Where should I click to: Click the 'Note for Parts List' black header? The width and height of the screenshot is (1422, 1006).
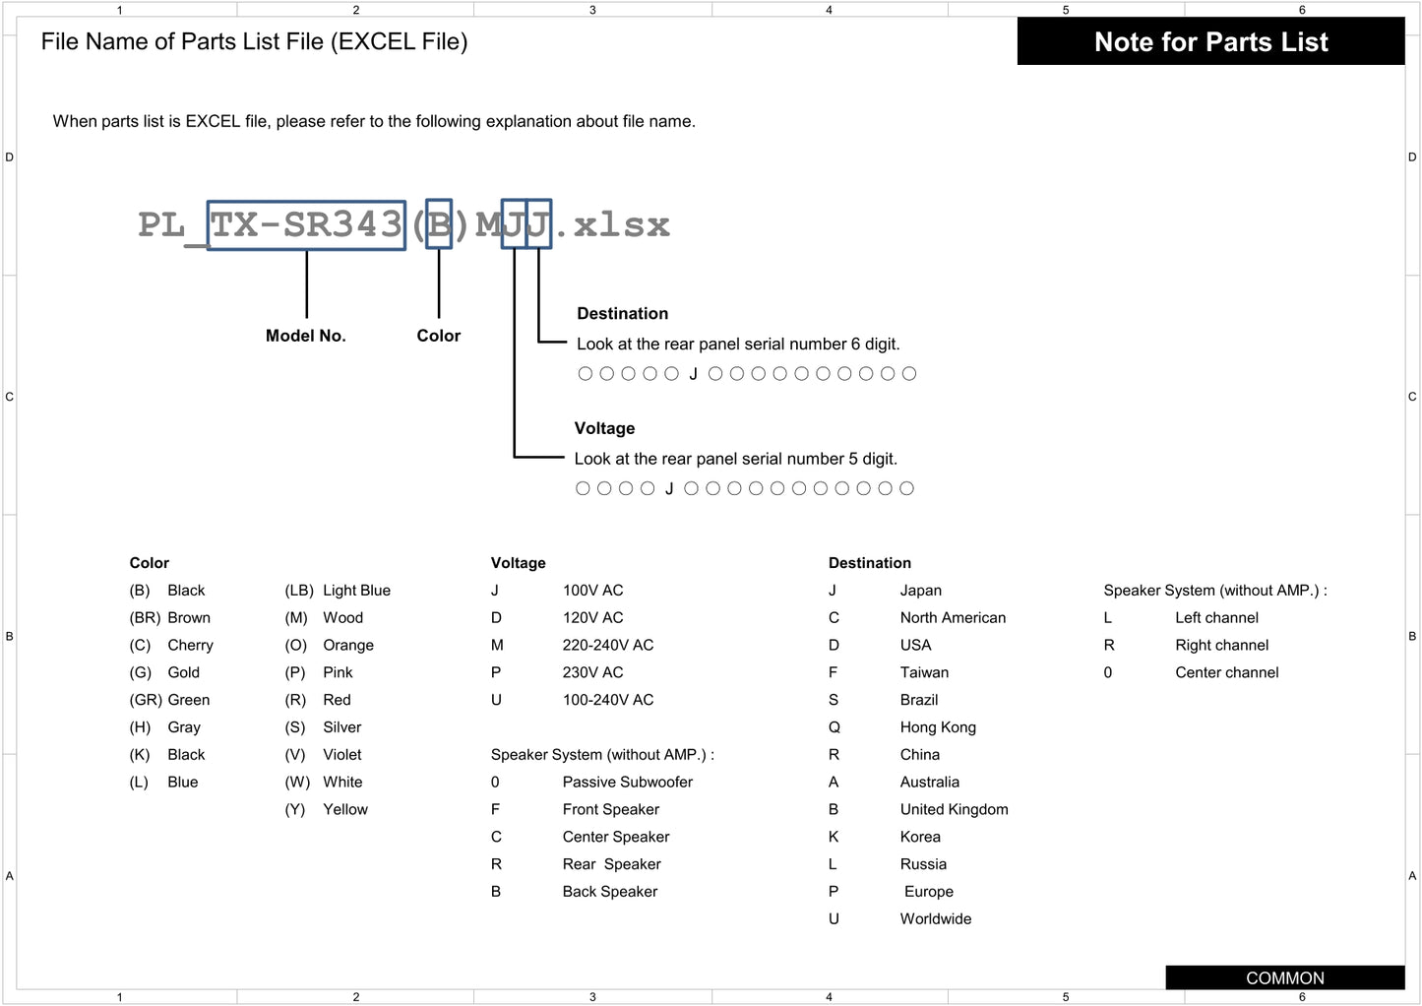[x=1210, y=42]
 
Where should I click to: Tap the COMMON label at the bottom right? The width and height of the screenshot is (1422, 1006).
[x=1284, y=977]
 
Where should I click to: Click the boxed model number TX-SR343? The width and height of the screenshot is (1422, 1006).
[x=306, y=225]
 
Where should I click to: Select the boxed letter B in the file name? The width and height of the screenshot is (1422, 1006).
[x=439, y=225]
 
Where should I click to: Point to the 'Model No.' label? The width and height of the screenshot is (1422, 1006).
[x=305, y=336]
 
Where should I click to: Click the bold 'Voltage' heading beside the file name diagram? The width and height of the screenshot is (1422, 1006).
[x=604, y=428]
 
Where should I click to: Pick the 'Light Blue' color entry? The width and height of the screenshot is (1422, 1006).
[x=356, y=591]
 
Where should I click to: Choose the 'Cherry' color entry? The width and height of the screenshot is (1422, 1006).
[x=190, y=646]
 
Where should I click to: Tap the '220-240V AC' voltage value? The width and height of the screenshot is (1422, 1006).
[x=607, y=646]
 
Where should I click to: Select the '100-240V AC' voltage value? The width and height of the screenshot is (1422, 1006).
[x=607, y=700]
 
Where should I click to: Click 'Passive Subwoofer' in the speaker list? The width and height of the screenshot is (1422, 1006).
[x=627, y=783]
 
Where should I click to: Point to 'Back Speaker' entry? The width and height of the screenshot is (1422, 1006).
[x=609, y=892]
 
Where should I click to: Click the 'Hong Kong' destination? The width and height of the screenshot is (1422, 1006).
[x=937, y=727]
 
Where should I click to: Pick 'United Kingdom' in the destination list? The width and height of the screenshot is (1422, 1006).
[x=954, y=810]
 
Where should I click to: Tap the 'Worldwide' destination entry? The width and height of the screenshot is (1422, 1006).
[x=935, y=919]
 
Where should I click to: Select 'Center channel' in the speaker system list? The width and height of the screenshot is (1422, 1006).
[x=1226, y=673]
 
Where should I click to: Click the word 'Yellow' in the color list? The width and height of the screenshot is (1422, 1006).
[x=344, y=810]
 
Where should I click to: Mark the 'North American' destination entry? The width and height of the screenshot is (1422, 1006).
[x=952, y=618]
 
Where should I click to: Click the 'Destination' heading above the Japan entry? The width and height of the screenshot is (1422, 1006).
[x=869, y=563]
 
